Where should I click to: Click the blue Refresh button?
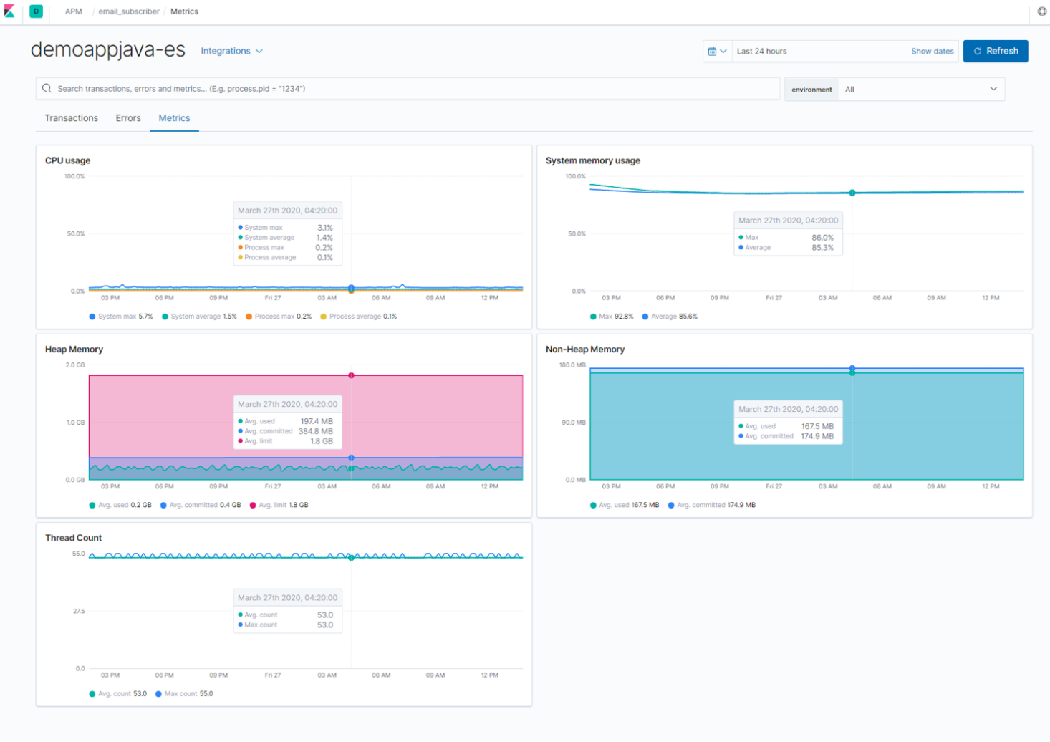click(x=995, y=51)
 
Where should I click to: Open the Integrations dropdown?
click(x=231, y=51)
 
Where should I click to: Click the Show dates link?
click(x=932, y=51)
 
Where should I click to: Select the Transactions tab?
click(x=71, y=118)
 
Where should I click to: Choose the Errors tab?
click(x=128, y=118)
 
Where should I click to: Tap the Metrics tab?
click(x=174, y=118)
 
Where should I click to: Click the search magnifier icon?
click(x=47, y=88)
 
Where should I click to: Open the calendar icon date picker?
click(x=717, y=51)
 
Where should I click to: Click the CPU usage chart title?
click(x=67, y=160)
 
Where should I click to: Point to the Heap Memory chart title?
click(x=74, y=350)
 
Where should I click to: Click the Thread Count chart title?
click(x=73, y=538)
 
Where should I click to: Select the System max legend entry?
click(x=121, y=317)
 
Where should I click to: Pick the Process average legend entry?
click(x=359, y=317)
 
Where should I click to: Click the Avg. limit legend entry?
click(x=279, y=505)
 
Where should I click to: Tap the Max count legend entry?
click(x=184, y=694)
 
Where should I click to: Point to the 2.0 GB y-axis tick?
click(x=75, y=365)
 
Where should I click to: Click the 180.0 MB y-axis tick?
click(x=572, y=365)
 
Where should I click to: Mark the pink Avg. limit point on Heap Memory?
click(x=351, y=375)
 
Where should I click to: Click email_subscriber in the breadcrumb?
click(x=129, y=11)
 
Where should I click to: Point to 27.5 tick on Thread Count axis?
click(x=79, y=611)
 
